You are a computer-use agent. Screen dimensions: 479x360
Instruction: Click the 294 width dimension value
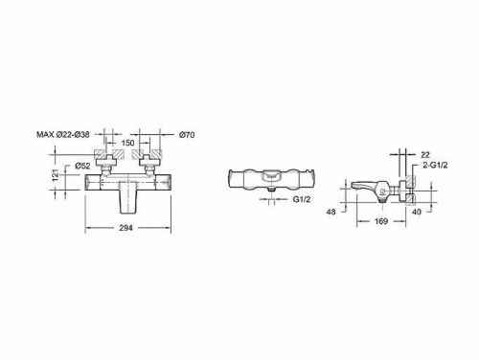click(x=125, y=228)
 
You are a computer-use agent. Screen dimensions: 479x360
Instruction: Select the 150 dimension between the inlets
click(x=127, y=143)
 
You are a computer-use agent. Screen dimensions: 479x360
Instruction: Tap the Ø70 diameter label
click(x=187, y=135)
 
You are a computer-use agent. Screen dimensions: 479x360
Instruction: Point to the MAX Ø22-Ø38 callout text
click(x=63, y=135)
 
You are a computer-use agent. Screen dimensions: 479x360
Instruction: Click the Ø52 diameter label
click(x=82, y=166)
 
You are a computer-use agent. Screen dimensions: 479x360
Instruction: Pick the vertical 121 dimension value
click(x=56, y=175)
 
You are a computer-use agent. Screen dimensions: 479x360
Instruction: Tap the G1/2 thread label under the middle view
click(x=302, y=199)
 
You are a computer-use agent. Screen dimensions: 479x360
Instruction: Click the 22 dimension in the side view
click(x=425, y=155)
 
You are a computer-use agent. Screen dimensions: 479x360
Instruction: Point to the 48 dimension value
click(x=331, y=212)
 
